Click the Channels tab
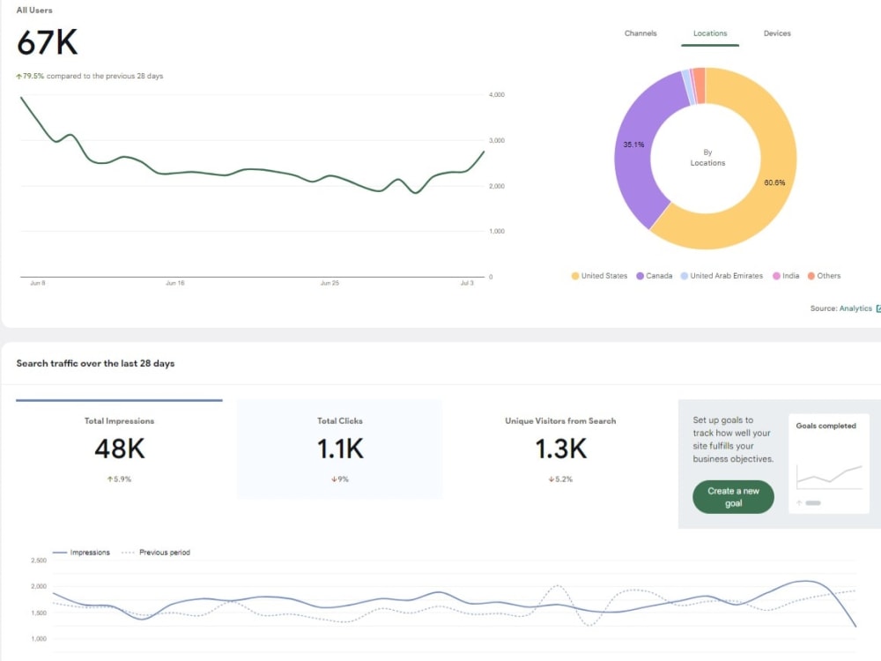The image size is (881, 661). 640,33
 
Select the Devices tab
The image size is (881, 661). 776,33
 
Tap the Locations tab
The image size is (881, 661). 709,33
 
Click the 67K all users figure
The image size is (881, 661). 48,42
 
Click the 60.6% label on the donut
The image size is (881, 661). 774,182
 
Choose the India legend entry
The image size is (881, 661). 786,276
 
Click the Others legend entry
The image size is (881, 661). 824,276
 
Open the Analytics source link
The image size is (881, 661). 855,308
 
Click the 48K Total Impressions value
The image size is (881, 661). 120,449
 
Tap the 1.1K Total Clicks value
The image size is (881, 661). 340,449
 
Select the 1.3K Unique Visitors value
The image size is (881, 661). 560,449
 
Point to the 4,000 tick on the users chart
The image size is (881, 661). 497,94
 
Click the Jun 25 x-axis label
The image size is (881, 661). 329,283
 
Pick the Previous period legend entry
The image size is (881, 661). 156,553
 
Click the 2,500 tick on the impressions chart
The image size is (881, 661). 39,561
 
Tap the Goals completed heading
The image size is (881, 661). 826,426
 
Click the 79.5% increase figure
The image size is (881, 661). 33,76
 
